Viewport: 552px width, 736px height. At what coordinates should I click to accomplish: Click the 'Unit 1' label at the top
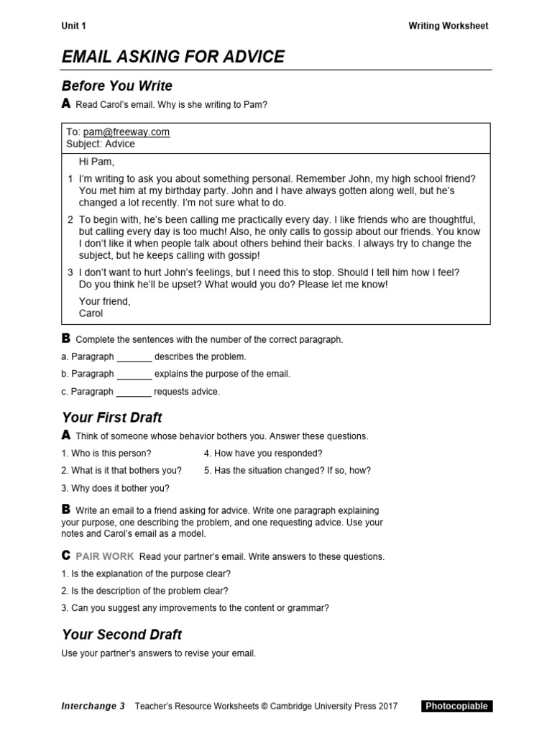pos(73,26)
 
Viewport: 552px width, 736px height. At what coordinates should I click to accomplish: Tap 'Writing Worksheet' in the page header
pos(448,26)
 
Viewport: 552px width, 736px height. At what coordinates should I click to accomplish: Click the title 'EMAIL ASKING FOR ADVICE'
pos(172,57)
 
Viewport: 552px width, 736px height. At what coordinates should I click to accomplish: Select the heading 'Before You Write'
pos(117,86)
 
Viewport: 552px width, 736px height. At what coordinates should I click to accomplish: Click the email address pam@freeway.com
pos(126,132)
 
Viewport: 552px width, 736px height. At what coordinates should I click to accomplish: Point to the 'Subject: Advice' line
pos(100,144)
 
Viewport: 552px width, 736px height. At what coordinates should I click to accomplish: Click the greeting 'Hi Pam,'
pos(96,162)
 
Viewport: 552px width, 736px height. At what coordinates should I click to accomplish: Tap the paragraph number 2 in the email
pos(70,220)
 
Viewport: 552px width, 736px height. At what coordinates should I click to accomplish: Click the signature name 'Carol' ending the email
pos(91,313)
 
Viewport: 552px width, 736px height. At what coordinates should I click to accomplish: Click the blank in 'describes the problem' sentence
pos(134,356)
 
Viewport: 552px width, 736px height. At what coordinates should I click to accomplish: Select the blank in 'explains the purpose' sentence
pos(134,374)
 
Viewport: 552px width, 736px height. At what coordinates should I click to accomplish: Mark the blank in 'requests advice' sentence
pos(134,392)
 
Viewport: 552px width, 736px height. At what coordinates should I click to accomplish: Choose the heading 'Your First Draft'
pos(112,418)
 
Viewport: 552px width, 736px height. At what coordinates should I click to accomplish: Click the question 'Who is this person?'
pos(106,454)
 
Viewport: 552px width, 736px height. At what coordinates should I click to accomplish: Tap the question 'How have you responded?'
pos(263,454)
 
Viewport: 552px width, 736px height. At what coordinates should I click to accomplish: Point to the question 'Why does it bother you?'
pos(115,488)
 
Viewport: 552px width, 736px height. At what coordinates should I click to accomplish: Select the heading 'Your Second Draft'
pos(121,635)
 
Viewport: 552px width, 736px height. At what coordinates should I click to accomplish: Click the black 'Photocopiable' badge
pos(456,706)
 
